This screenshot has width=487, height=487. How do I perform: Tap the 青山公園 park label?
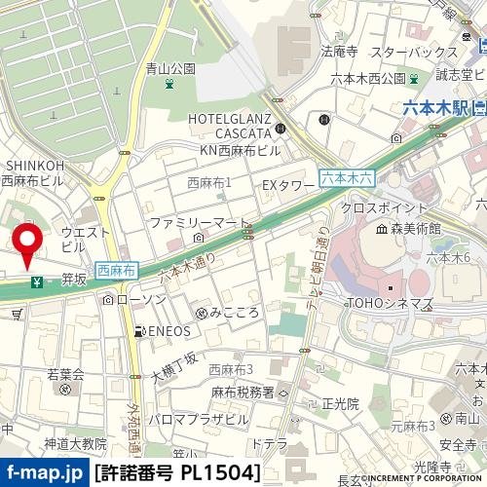tap(170, 69)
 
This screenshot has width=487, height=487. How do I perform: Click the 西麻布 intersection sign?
tap(117, 267)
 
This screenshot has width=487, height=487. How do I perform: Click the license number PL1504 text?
tap(177, 473)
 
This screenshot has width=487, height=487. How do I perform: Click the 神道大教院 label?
tap(67, 444)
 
